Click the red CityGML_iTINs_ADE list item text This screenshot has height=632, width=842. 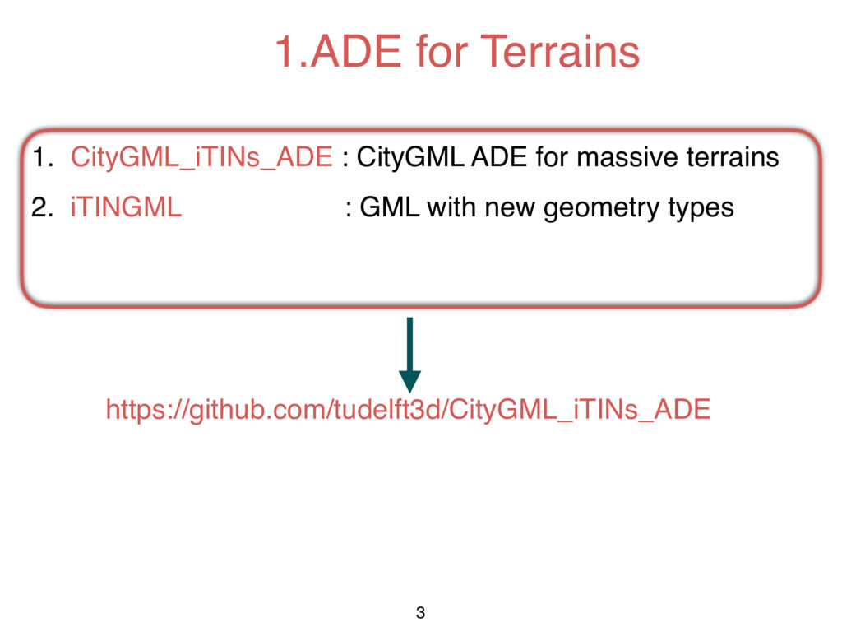pos(201,157)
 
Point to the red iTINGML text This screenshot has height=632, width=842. pos(127,208)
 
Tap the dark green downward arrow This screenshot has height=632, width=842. pos(409,350)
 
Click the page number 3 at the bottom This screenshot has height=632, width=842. pos(421,612)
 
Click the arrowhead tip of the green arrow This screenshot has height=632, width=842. pos(409,389)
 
